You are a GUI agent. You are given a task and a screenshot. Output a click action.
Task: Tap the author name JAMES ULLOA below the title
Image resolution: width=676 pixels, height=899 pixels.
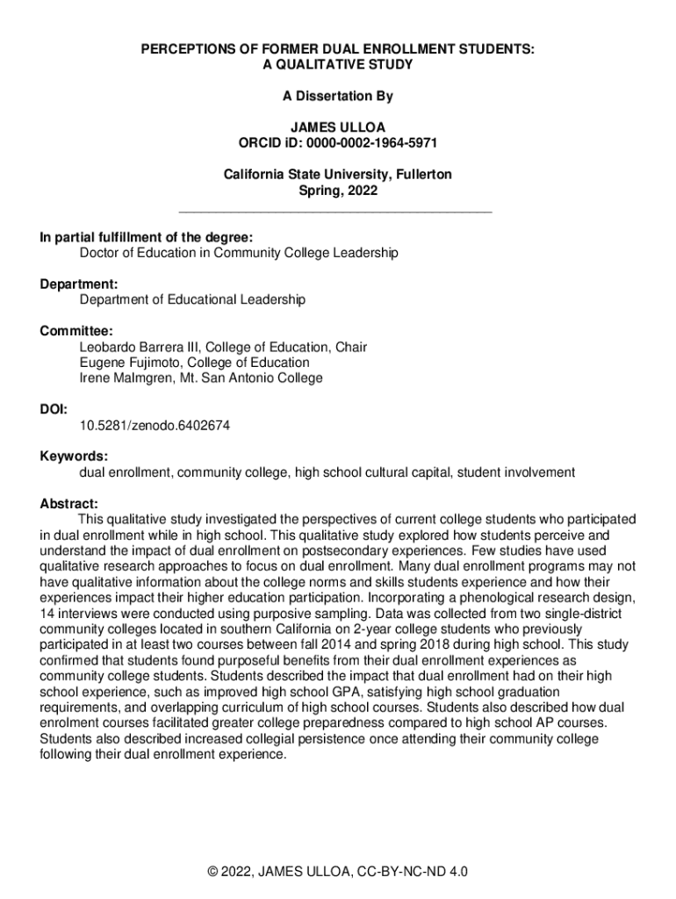coord(338,126)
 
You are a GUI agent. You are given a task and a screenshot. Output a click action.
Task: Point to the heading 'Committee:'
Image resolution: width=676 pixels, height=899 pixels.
coord(76,331)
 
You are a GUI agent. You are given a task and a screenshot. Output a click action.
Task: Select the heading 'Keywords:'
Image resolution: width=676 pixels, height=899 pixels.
coord(74,457)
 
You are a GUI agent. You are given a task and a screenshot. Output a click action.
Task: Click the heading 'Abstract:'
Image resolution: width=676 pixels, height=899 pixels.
coord(69,504)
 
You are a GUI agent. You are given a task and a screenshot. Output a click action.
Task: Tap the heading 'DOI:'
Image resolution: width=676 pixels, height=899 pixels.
coord(54,409)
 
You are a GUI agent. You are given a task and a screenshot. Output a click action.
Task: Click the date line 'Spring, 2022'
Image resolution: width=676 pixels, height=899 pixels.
coord(338,190)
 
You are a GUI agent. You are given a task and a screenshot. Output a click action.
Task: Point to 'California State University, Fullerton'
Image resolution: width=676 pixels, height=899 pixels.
coord(338,175)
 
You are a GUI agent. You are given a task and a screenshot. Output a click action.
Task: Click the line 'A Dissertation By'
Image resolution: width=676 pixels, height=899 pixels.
coord(338,97)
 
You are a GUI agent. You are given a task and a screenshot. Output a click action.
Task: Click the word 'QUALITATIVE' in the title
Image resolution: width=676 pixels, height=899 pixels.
coord(328,65)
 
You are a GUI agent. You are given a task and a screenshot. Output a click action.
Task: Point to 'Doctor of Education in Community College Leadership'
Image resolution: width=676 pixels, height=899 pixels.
coord(239,253)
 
